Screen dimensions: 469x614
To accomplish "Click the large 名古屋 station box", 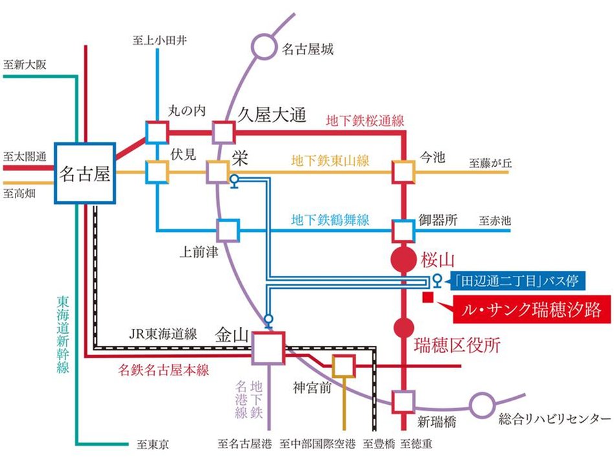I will coord(85,172).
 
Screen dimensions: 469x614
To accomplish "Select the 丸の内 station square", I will coord(157,132).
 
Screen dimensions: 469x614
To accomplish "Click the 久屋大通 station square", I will coord(223,132).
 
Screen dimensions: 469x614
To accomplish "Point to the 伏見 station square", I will coord(157,172).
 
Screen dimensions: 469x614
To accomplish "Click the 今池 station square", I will coord(404,172).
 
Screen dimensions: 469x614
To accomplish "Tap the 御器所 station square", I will coord(404,230).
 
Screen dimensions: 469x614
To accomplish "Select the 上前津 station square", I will coord(227,230).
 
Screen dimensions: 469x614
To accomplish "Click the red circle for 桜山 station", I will coord(404,260).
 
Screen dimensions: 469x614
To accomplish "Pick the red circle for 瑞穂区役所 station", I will coord(404,328).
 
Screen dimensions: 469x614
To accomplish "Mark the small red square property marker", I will coord(427,297).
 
